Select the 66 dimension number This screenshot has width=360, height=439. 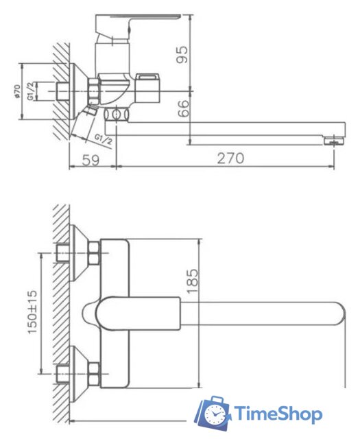182,108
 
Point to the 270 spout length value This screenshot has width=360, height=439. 230,158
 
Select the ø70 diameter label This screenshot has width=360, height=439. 16,91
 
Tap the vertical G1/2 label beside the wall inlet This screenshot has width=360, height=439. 32,90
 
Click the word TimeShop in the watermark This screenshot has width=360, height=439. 278,413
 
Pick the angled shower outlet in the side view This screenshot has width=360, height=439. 86,123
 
